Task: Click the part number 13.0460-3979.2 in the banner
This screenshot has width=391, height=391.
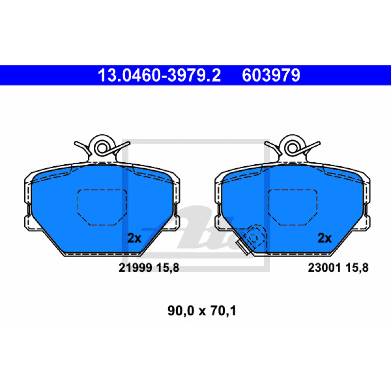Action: click(x=159, y=75)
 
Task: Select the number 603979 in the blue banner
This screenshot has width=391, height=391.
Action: click(x=271, y=75)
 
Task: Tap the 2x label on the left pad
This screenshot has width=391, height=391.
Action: click(x=134, y=238)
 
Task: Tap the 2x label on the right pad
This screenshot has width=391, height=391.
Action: click(x=325, y=238)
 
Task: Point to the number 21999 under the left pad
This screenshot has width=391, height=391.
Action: click(x=135, y=267)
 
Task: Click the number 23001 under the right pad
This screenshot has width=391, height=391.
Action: click(x=325, y=267)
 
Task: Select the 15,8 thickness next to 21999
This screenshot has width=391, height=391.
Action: click(x=168, y=268)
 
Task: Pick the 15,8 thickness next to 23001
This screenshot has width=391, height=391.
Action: click(x=357, y=268)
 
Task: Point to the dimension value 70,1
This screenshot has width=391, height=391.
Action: click(x=223, y=311)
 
